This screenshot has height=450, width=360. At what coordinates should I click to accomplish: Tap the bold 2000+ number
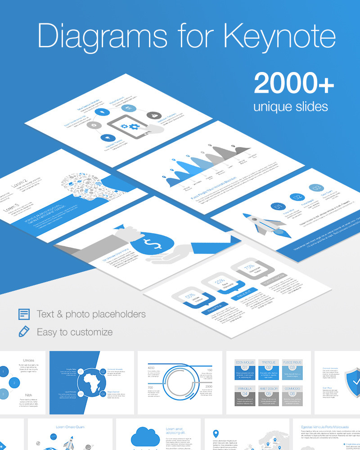click(294, 83)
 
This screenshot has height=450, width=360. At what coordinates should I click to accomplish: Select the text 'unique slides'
click(290, 107)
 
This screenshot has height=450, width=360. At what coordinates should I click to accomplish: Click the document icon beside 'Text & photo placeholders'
click(24, 314)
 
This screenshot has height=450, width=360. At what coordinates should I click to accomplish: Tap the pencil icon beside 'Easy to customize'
click(24, 332)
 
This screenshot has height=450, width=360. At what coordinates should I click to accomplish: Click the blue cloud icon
click(145, 436)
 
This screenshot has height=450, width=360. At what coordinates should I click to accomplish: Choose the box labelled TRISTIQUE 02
click(268, 369)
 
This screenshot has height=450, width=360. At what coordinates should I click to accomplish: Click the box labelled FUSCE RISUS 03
click(292, 369)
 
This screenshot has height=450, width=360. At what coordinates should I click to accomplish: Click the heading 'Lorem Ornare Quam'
click(70, 427)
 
